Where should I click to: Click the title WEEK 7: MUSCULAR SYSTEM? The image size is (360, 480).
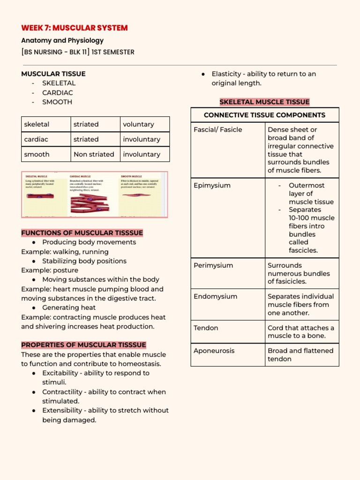click(x=74, y=28)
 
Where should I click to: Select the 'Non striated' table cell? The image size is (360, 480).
click(x=94, y=154)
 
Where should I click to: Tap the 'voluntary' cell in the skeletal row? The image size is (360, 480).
click(x=138, y=124)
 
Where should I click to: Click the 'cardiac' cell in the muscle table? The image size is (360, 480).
click(x=36, y=139)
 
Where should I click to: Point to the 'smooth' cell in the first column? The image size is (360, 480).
click(x=37, y=154)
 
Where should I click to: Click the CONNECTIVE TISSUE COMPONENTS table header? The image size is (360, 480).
click(x=264, y=115)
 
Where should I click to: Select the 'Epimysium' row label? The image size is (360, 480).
click(x=212, y=186)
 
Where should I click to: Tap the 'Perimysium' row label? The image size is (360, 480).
click(x=213, y=265)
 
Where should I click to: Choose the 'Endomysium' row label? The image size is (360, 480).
click(x=215, y=296)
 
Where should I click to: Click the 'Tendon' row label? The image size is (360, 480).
click(x=206, y=328)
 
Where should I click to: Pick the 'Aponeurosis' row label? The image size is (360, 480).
click(x=214, y=351)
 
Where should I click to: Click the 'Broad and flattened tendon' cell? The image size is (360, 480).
click(x=300, y=355)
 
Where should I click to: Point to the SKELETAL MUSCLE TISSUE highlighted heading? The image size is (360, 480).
click(x=264, y=102)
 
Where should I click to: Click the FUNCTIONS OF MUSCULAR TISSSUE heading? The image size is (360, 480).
click(x=82, y=233)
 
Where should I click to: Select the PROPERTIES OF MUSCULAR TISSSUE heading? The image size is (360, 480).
click(x=83, y=345)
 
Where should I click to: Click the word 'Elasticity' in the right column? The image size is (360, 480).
click(x=227, y=74)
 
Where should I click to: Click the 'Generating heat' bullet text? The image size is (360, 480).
click(x=69, y=307)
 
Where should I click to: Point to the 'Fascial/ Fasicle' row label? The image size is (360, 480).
click(x=218, y=130)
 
